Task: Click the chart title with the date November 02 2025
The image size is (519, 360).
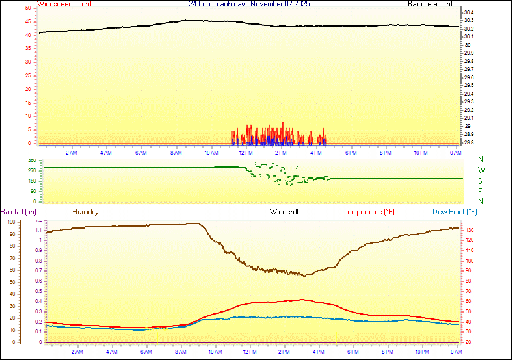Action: pyautogui.click(x=249, y=4)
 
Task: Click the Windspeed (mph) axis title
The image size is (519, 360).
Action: pyautogui.click(x=64, y=4)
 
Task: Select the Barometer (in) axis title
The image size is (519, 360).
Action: pyautogui.click(x=430, y=4)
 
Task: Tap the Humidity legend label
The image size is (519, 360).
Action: pyautogui.click(x=85, y=212)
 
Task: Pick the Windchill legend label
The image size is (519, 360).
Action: pyautogui.click(x=284, y=212)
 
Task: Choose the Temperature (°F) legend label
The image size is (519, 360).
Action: pyautogui.click(x=369, y=212)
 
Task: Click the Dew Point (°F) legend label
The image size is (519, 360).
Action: pyautogui.click(x=455, y=212)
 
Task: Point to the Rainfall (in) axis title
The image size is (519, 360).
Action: pyautogui.click(x=19, y=212)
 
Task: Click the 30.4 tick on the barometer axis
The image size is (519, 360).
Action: pyautogui.click(x=468, y=12)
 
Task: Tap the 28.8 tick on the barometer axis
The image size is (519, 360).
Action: pyautogui.click(x=468, y=142)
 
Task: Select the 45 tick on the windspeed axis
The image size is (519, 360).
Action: pyautogui.click(x=27, y=21)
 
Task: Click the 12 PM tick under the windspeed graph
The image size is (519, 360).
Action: pyautogui.click(x=246, y=153)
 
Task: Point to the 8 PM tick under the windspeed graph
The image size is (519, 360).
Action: pyautogui.click(x=386, y=153)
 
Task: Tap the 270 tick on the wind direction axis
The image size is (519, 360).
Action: pyautogui.click(x=32, y=170)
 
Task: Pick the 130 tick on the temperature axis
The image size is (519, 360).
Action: pyautogui.click(x=470, y=230)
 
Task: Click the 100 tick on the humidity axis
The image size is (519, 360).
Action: pyautogui.click(x=11, y=222)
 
